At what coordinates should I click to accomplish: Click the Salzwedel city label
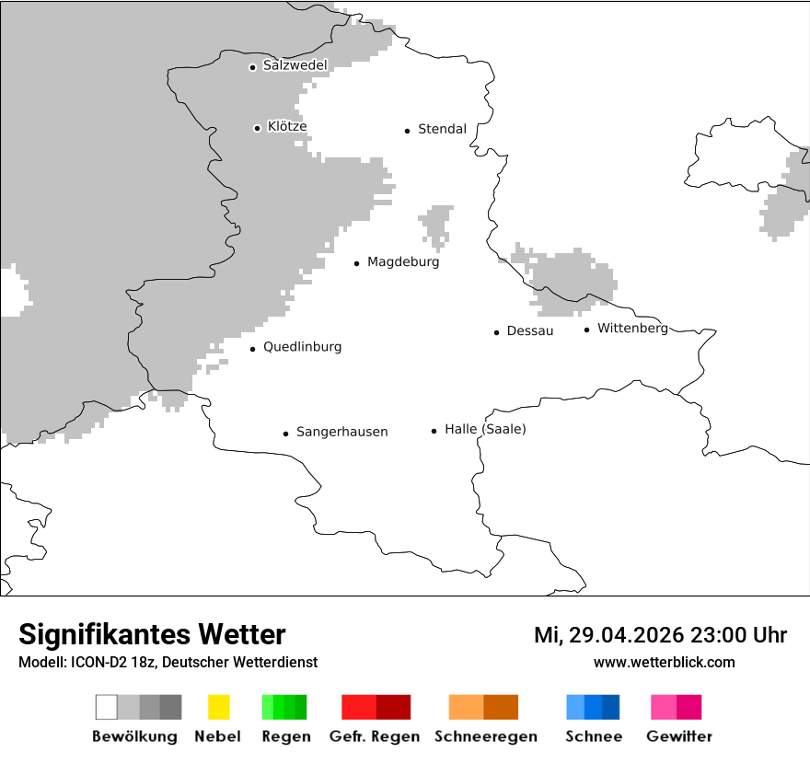(x=295, y=65)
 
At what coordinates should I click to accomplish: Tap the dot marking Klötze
(x=257, y=128)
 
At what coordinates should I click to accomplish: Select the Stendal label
(x=442, y=129)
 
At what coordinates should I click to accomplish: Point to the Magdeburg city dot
(x=356, y=263)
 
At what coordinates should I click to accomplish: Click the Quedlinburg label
(x=302, y=347)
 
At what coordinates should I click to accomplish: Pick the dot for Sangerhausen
(x=285, y=434)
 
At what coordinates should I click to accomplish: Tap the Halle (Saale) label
(x=485, y=429)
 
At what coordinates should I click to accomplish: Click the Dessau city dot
(x=496, y=332)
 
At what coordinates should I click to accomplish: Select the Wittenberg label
(x=632, y=328)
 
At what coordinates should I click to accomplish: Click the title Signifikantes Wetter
(x=152, y=634)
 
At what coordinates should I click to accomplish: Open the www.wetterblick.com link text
(x=664, y=662)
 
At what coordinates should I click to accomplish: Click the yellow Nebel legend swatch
(x=218, y=707)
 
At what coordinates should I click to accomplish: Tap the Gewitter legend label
(x=679, y=736)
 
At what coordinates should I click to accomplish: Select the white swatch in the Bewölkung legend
(x=106, y=707)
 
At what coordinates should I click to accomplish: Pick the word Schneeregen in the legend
(x=486, y=736)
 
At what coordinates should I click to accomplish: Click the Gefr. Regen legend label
(x=374, y=736)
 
